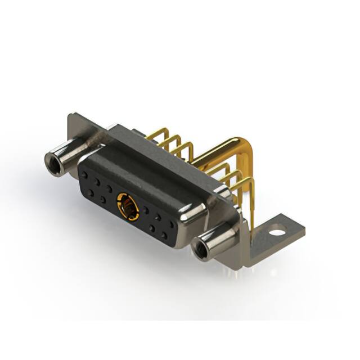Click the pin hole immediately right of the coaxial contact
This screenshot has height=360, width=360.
tap(146, 211)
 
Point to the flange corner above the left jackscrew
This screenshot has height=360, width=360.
tap(73, 121)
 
